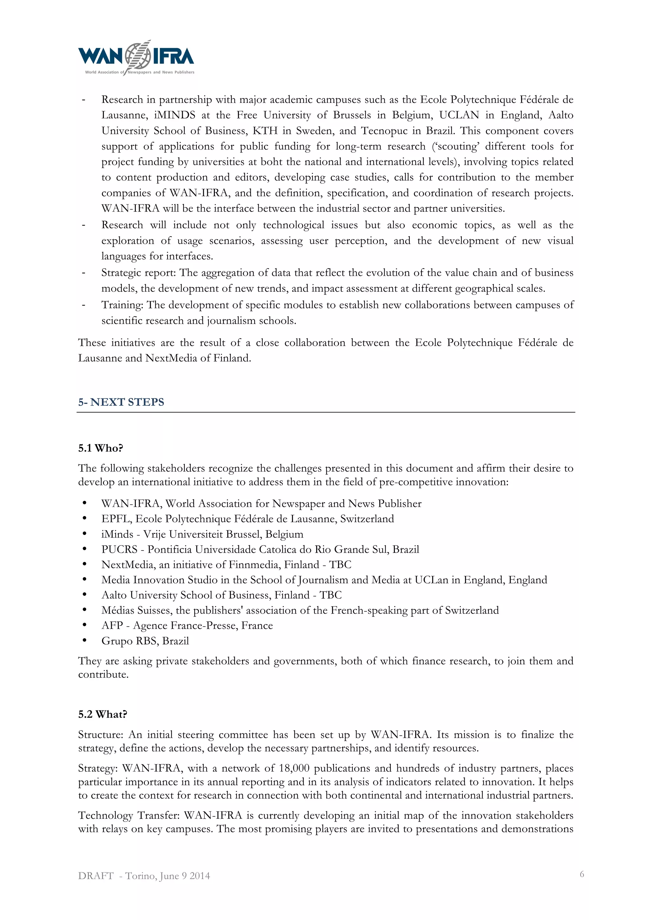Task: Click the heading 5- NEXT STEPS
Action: [x=121, y=402]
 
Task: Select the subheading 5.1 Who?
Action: [x=101, y=448]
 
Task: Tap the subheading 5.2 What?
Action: [x=103, y=714]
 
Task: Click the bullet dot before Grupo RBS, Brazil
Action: [x=84, y=640]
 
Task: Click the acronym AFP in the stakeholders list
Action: [x=112, y=625]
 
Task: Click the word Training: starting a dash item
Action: [x=122, y=305]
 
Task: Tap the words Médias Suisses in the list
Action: [x=136, y=610]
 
